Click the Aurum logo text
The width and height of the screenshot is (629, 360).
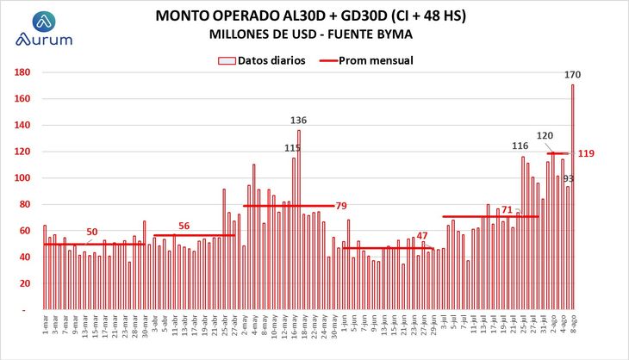[43, 40]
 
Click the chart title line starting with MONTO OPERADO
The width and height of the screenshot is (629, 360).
[311, 16]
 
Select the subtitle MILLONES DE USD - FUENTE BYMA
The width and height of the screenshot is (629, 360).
[311, 34]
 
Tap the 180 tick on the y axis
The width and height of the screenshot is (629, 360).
[22, 72]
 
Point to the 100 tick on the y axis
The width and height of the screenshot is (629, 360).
[22, 178]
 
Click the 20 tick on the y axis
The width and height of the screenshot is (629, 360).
[25, 283]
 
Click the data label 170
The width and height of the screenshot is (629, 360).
[572, 75]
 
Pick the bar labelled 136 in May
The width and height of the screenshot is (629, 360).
[299, 219]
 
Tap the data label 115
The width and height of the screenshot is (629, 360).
[292, 148]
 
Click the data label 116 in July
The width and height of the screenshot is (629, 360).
[520, 146]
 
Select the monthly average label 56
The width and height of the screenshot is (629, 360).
[184, 226]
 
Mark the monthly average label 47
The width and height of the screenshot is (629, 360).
[422, 236]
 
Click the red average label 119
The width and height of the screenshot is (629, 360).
[585, 153]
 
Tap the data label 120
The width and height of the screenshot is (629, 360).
[545, 135]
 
